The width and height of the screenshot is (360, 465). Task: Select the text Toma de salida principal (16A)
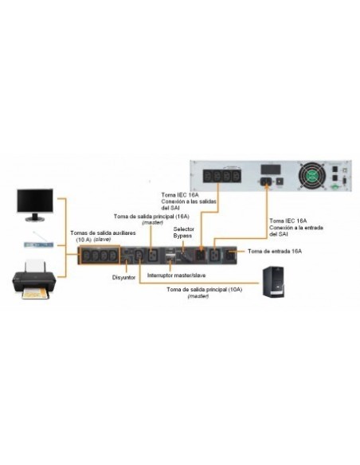[151, 216]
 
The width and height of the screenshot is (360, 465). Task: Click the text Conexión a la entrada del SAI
[296, 229]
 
